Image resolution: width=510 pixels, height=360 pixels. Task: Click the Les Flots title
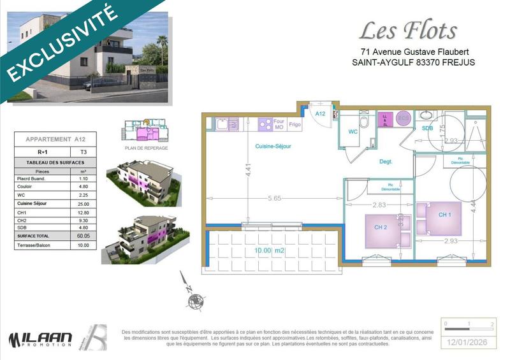tap(409, 31)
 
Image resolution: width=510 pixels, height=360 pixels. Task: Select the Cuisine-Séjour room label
tap(273, 147)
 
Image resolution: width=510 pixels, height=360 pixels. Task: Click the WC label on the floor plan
tap(353, 132)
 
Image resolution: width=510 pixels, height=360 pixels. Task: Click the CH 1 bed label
tap(444, 215)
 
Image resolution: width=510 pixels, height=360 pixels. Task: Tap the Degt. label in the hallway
tap(386, 161)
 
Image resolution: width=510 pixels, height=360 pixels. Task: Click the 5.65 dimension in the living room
tap(274, 198)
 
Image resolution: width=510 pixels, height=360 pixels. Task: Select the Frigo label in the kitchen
tap(295, 125)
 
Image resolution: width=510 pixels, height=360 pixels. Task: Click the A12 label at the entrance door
tap(321, 113)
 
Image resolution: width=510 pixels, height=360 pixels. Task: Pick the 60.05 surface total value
tap(82, 234)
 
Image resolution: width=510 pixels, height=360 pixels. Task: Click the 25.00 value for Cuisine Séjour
tap(82, 203)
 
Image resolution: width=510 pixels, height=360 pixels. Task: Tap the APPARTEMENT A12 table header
tap(55, 139)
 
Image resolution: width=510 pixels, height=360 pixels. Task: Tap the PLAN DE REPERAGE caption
tap(147, 148)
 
